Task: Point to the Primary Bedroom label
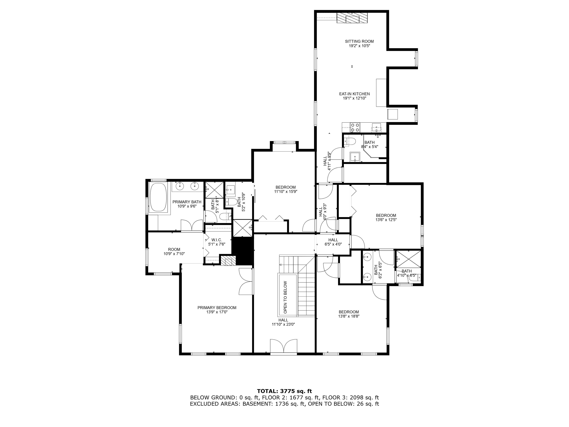[x=217, y=310]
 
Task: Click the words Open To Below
[x=285, y=297]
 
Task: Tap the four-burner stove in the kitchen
[x=355, y=127]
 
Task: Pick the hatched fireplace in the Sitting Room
[x=352, y=18]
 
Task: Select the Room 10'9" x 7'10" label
[x=174, y=251]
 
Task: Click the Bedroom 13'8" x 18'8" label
[x=349, y=314]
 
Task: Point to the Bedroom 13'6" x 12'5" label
[x=386, y=218]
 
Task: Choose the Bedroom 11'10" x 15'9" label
[x=286, y=189]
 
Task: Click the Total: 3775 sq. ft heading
[x=284, y=391]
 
